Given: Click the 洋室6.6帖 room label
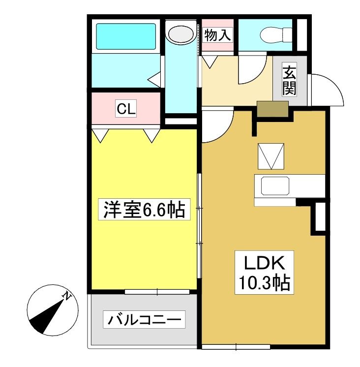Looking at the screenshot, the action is [x=144, y=209].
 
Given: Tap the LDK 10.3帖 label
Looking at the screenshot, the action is [x=264, y=273].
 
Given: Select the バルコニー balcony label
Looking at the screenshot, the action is [x=144, y=319].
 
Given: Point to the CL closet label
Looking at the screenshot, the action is [x=126, y=109].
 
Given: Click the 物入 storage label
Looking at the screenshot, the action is [x=217, y=35].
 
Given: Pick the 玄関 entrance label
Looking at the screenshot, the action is [x=289, y=79].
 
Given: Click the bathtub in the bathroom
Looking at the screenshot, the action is [x=126, y=36].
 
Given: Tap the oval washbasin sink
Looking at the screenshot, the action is [x=181, y=34].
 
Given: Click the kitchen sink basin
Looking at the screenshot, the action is [x=275, y=185].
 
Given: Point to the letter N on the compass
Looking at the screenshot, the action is [x=67, y=296].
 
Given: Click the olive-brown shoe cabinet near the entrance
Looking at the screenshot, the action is [x=272, y=109].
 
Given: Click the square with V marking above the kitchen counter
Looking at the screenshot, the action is [x=271, y=156].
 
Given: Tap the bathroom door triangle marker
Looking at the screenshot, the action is [x=154, y=79].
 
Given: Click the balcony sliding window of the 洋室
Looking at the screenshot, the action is [x=157, y=292].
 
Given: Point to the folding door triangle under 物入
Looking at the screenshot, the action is [x=210, y=62].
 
